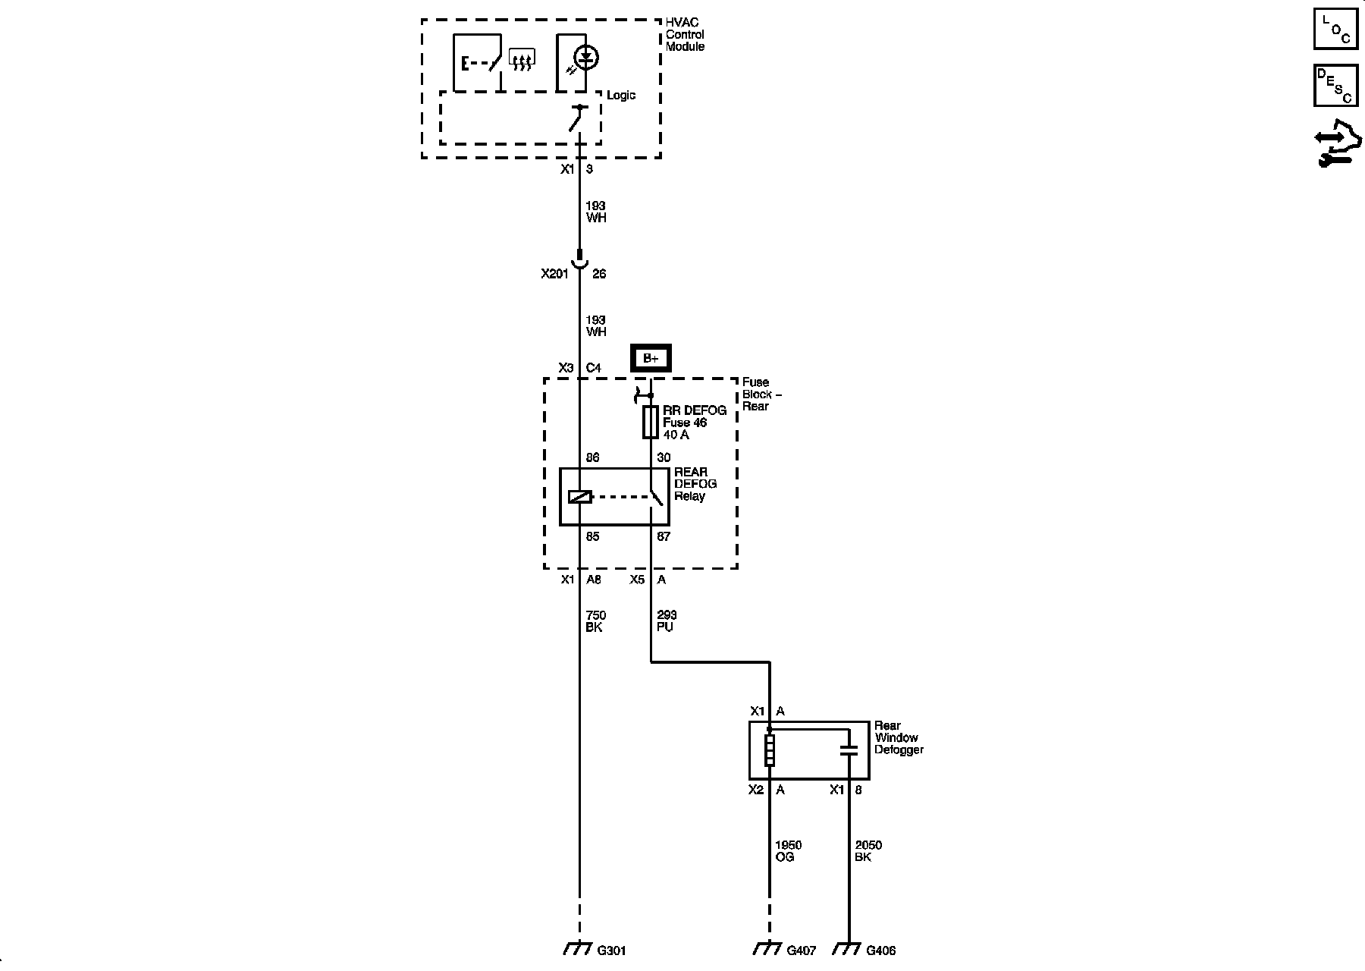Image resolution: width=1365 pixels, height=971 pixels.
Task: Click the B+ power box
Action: pos(651,358)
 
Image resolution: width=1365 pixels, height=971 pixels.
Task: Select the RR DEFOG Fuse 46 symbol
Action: pos(651,422)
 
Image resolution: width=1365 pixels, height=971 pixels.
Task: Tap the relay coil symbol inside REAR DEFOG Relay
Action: pos(579,498)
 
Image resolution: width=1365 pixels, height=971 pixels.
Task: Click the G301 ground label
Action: pos(612,951)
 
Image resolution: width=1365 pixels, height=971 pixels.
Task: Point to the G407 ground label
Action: pos(801,951)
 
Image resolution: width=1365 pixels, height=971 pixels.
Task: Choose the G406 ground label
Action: pos(880,951)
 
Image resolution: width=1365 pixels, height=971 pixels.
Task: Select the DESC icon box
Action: pos(1335,85)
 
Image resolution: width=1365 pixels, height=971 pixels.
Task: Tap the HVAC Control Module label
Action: pos(685,34)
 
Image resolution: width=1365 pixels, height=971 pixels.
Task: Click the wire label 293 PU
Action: pos(667,621)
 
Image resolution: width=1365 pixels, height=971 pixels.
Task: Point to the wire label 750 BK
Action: pos(595,621)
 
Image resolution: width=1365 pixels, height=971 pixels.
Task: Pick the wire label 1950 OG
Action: pos(788,850)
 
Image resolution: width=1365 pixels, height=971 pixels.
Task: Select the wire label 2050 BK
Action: pos(868,850)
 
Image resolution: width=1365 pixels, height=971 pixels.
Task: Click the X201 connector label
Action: pos(554,274)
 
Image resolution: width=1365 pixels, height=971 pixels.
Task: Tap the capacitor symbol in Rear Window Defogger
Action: pos(849,751)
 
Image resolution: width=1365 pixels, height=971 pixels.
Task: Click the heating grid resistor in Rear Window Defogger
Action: pos(770,749)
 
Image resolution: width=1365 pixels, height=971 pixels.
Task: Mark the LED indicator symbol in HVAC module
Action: pos(585,58)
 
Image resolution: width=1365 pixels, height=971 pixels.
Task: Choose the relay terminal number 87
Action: pos(664,536)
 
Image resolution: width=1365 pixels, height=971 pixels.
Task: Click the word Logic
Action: pos(620,96)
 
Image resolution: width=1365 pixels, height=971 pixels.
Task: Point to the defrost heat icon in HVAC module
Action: pos(522,59)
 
